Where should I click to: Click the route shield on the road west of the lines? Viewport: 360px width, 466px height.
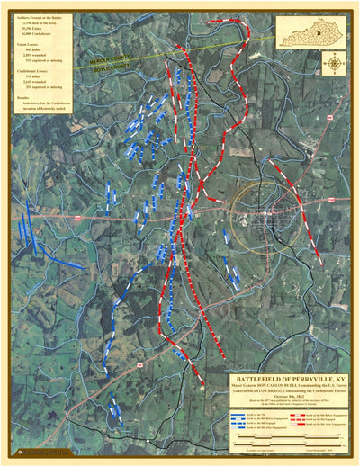[80, 217]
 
